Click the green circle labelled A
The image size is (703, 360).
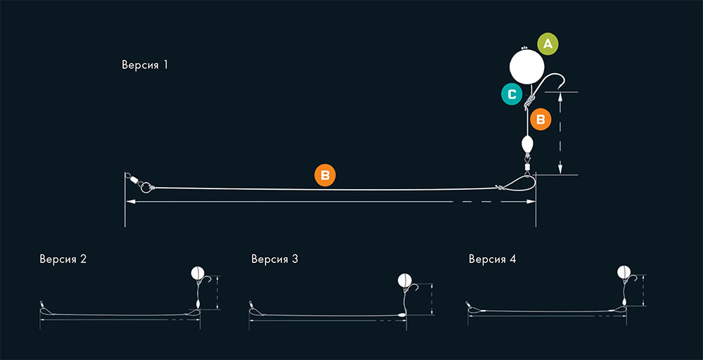[548, 44]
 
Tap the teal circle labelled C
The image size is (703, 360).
[512, 94]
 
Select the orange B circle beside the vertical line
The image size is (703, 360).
[541, 120]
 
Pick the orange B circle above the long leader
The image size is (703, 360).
[325, 175]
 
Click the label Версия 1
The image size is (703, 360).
[145, 65]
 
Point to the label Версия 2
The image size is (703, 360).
[63, 259]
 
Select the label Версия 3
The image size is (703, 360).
[274, 259]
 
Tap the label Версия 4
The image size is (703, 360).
[492, 259]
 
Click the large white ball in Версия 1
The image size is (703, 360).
[527, 67]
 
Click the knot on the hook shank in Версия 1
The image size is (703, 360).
[529, 102]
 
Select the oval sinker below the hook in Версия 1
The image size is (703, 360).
[527, 144]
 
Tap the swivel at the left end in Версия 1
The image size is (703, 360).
[133, 179]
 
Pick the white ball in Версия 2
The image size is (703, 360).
[198, 272]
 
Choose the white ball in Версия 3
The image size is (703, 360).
[404, 281]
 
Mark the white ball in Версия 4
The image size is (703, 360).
[624, 271]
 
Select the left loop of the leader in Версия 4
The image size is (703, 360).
[474, 309]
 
